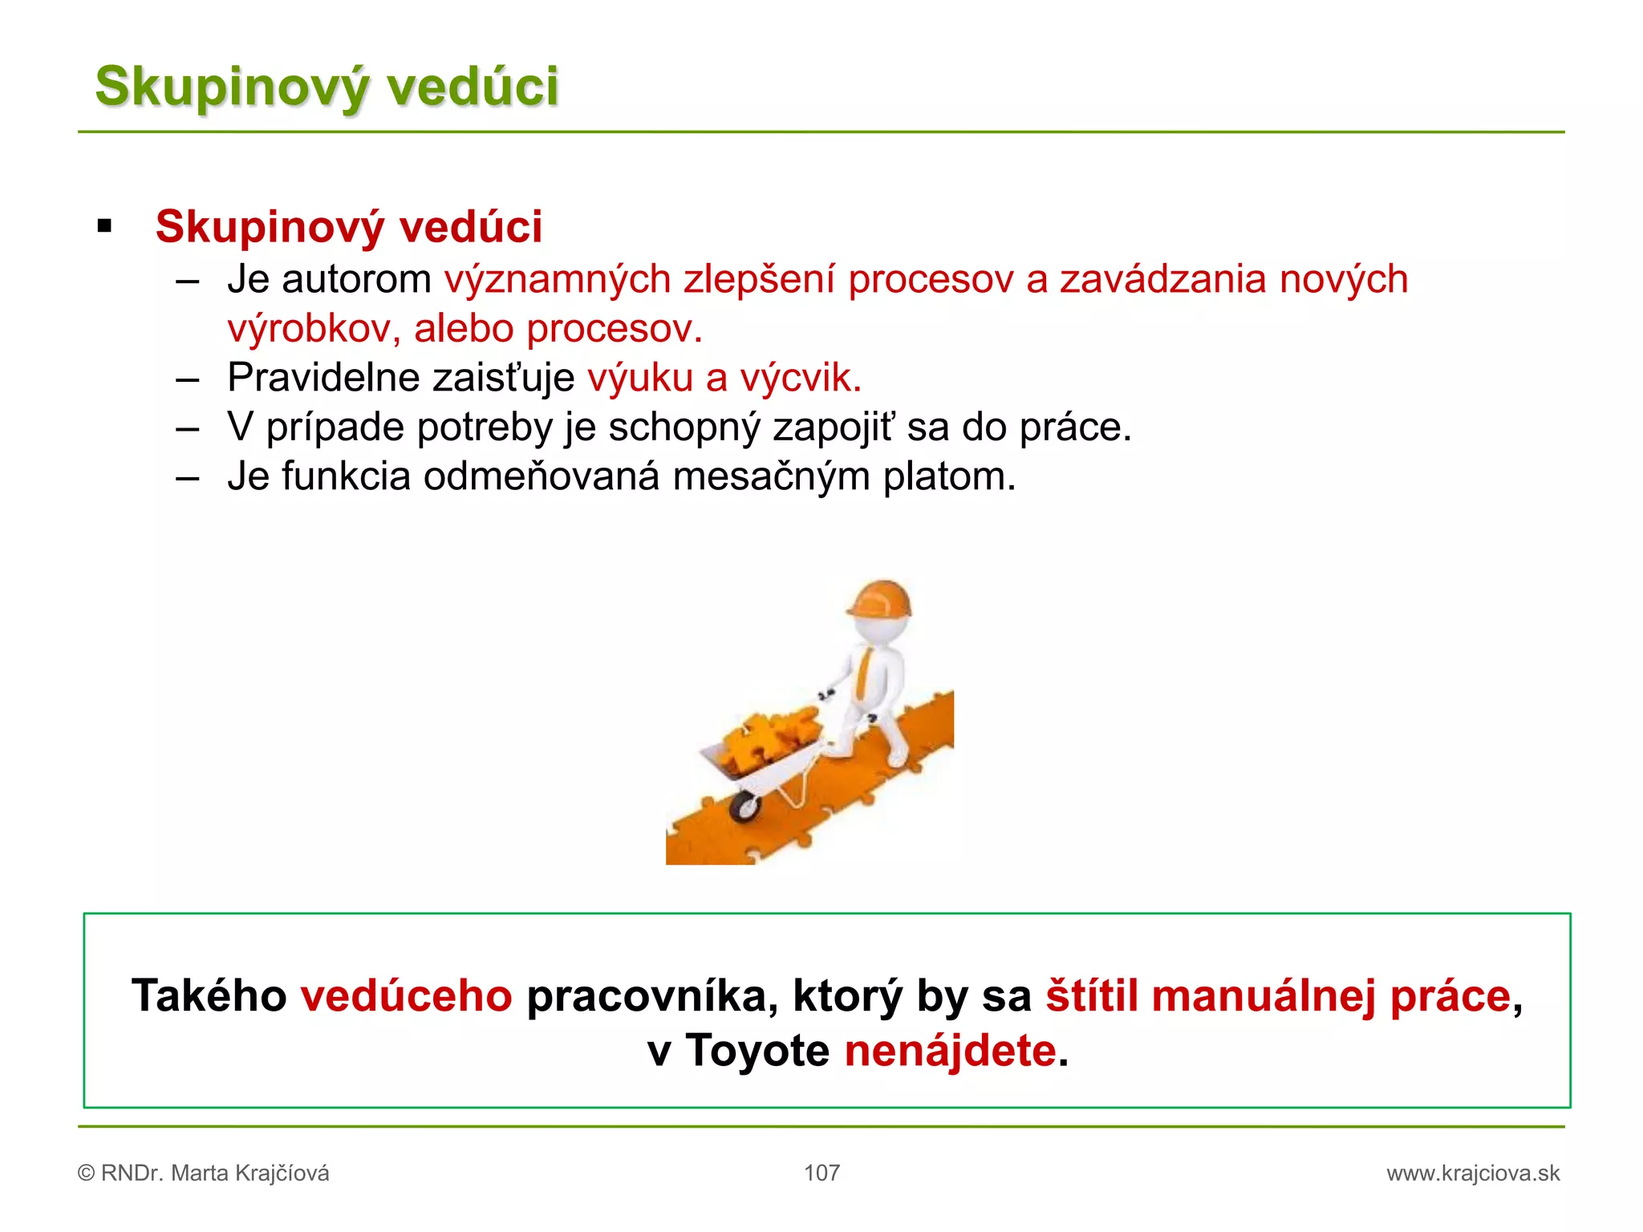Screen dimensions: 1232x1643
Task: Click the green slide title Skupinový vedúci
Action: [x=327, y=87]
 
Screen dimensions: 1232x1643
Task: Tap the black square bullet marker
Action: [x=104, y=226]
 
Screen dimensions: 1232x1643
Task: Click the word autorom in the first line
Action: [x=357, y=280]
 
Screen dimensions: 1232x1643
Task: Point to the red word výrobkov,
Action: [x=314, y=329]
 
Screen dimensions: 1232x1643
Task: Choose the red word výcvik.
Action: [x=800, y=378]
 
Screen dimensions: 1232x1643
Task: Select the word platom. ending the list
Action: [x=949, y=476]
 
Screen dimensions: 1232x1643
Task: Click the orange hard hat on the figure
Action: [x=881, y=600]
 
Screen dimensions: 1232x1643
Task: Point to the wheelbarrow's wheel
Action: [x=744, y=806]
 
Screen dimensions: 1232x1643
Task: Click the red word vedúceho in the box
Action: [x=406, y=996]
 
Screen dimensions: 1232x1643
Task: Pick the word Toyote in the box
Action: [x=757, y=1051]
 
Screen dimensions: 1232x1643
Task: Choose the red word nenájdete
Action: [x=951, y=1051]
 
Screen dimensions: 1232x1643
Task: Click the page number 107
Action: [x=821, y=1173]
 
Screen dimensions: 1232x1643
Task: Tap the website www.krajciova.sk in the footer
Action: [x=1473, y=1173]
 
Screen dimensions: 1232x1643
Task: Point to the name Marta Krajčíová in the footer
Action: [x=249, y=1173]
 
